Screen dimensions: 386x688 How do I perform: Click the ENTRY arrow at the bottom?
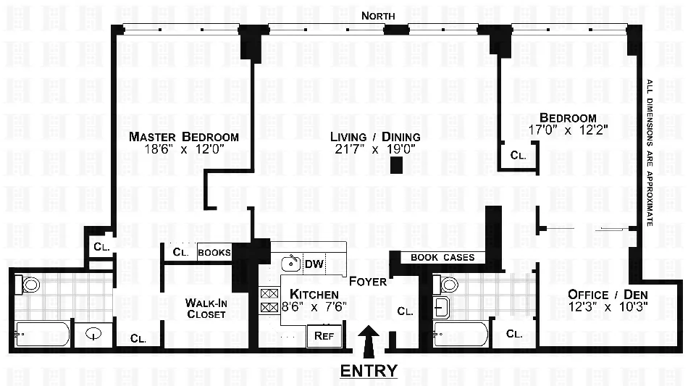point(369,338)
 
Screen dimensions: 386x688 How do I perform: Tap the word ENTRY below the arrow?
point(369,371)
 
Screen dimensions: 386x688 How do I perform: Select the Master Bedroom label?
point(184,137)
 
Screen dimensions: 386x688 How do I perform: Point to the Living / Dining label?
point(374,137)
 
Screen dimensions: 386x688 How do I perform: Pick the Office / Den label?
point(607,295)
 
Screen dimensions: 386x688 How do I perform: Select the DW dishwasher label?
point(313,264)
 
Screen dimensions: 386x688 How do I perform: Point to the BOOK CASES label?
point(442,257)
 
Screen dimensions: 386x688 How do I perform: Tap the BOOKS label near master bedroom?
point(214,253)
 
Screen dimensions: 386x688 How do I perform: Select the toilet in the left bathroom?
point(30,285)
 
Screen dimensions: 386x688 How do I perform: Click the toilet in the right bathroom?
point(448,284)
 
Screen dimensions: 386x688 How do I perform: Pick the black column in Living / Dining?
point(396,165)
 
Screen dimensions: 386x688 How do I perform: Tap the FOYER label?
point(367,281)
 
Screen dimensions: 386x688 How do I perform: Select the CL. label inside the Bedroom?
point(518,155)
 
